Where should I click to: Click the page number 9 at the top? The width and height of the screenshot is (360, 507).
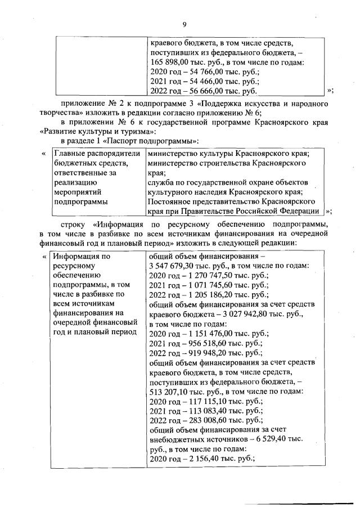pyautogui.click(x=183, y=24)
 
